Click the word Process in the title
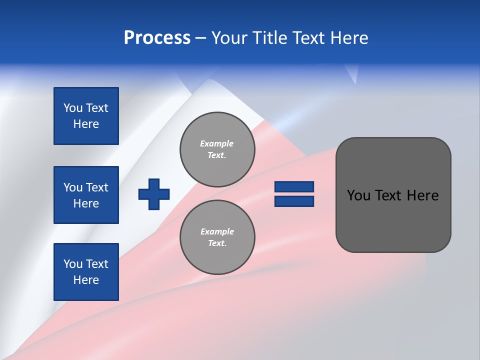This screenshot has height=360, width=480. tap(157, 38)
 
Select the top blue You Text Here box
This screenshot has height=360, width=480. tap(86, 116)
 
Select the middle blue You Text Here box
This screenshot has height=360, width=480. tap(86, 195)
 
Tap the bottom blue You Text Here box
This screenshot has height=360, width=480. tap(86, 272)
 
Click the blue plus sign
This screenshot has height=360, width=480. tap(154, 194)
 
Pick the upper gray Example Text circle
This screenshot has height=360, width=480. tap(217, 149)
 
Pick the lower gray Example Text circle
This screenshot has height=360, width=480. tap(217, 237)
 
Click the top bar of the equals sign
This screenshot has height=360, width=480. tap(294, 186)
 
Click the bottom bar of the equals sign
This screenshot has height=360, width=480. tap(294, 201)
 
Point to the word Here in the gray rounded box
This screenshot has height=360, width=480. tap(422, 195)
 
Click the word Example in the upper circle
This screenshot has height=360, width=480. tap(216, 144)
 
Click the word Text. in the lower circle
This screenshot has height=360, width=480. tap(217, 243)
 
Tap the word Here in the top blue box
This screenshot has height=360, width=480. tap(86, 124)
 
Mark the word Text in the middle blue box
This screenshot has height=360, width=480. tap(96, 187)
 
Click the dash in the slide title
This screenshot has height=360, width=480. tap(201, 38)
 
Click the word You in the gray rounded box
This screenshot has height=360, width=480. tap(358, 195)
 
